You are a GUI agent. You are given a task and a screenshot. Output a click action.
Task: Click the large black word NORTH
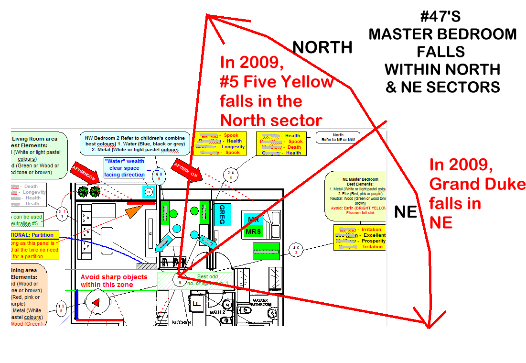click(322, 47)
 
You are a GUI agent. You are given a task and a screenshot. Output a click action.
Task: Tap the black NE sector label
click(406, 212)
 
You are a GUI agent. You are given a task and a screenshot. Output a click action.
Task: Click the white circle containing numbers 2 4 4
click(231, 175)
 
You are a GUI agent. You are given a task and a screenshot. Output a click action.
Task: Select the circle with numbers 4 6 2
click(297, 250)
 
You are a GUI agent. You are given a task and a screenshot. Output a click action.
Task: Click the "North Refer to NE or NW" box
click(338, 137)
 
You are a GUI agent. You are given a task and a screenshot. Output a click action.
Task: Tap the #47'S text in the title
click(440, 17)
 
